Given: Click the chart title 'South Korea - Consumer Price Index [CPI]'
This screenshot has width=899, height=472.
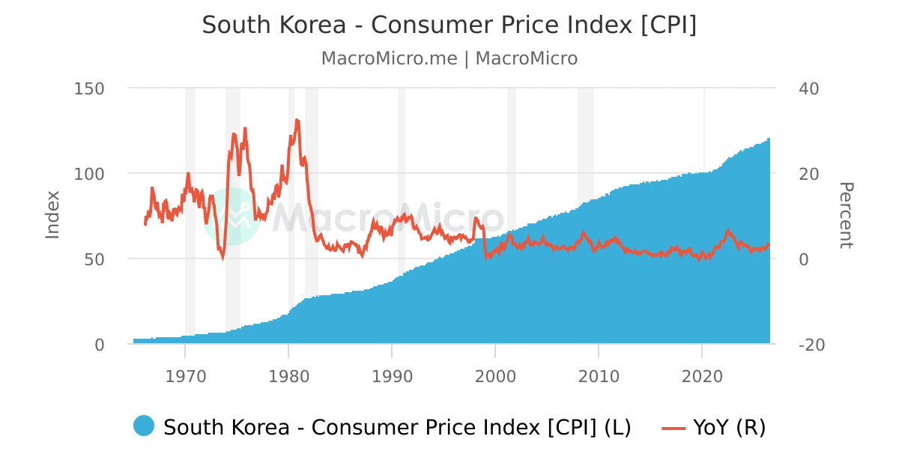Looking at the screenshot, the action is click(x=449, y=25).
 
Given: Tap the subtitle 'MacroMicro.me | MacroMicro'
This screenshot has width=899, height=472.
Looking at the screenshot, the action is click(x=449, y=58).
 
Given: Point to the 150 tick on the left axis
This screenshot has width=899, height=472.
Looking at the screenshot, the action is click(x=89, y=88).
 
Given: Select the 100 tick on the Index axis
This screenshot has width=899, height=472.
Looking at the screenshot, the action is click(x=89, y=174).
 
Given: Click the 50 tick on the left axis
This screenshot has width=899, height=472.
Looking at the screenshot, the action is click(x=94, y=260).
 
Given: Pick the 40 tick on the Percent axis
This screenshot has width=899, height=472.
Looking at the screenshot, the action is click(x=808, y=88).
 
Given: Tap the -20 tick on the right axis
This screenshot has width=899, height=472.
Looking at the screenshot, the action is click(x=811, y=345).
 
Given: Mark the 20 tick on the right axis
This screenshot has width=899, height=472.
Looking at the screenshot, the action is click(x=808, y=174).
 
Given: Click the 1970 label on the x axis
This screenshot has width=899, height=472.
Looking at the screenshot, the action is click(x=186, y=377).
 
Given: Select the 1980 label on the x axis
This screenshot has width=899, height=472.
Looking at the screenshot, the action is click(x=288, y=377).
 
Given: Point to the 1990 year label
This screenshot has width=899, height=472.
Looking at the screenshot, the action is click(x=392, y=377).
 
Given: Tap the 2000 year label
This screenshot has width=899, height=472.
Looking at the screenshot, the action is click(x=495, y=377).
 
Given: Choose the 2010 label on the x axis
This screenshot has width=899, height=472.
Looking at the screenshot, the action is click(x=599, y=377).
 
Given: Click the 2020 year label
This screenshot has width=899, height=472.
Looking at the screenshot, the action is click(x=702, y=377).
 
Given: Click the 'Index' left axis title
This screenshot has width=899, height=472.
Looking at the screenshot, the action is click(x=52, y=215).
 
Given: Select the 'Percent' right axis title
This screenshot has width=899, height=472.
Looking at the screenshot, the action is click(x=846, y=215).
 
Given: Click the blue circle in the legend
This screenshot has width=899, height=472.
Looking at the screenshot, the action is click(x=144, y=426).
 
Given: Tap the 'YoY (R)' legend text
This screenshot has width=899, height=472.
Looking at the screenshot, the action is click(x=730, y=427).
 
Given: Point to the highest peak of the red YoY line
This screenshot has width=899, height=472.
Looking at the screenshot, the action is click(x=297, y=120).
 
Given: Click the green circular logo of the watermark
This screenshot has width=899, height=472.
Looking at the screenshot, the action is click(x=231, y=217).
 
